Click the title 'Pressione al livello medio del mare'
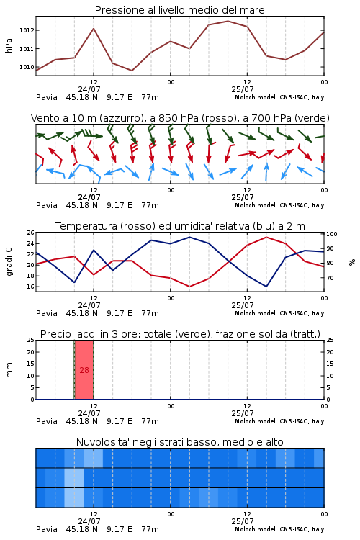point(179,10)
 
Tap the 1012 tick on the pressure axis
point(27,30)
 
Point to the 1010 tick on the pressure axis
point(27,67)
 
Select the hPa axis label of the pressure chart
point(9,45)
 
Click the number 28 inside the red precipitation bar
point(84,370)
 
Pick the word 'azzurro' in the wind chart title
point(121,118)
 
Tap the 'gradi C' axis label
point(9,262)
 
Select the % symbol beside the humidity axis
point(352,262)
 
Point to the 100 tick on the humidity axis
point(332,234)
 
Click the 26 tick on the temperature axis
point(31,233)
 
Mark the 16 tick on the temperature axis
point(31,287)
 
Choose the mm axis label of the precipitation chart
point(9,370)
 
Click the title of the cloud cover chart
point(179,442)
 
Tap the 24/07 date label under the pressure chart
point(89,89)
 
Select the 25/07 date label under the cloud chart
point(243,521)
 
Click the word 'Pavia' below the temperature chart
point(47,313)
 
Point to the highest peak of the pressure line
point(228,22)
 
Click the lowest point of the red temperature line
point(190,287)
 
